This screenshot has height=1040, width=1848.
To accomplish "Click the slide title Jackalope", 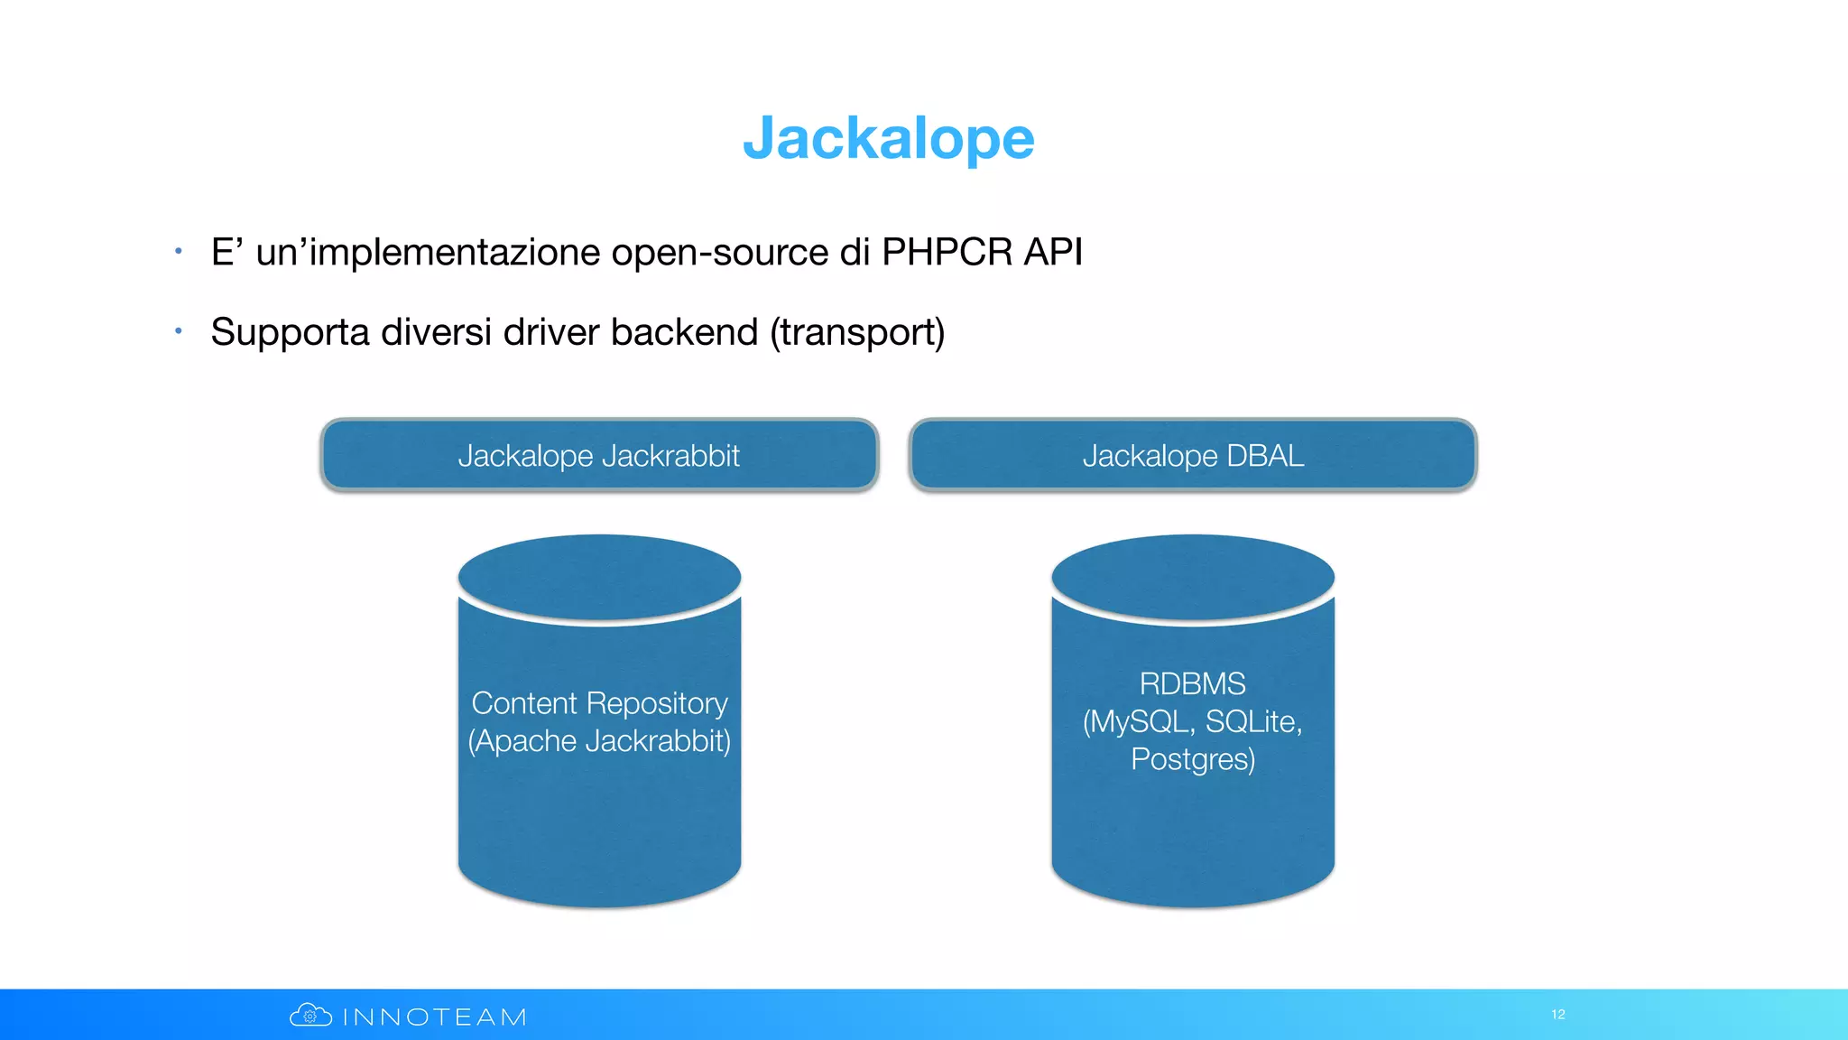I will [x=888, y=139].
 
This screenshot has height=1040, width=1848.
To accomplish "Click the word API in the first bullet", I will [x=1053, y=252].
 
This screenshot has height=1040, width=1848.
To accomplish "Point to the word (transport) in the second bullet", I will [x=857, y=333].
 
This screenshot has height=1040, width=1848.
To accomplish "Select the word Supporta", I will [x=290, y=333].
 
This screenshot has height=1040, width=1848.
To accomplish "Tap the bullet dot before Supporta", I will [x=179, y=331].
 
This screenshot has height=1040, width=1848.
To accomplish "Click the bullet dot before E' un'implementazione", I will [x=179, y=251].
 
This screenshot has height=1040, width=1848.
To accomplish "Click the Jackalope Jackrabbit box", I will [x=599, y=456].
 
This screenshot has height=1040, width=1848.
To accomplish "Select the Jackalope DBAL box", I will [x=1192, y=456].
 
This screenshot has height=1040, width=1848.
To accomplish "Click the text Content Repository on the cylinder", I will [x=599, y=703].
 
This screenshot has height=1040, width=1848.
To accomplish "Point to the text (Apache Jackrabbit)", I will [x=599, y=741].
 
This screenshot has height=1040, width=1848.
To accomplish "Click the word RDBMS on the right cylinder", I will [x=1192, y=684].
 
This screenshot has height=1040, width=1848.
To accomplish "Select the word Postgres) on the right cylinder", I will [x=1192, y=759].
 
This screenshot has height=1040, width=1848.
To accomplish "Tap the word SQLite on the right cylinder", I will [x=1252, y=722].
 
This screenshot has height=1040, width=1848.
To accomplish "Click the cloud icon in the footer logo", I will [x=310, y=1016].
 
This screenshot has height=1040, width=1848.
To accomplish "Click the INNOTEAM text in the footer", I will [x=435, y=1017].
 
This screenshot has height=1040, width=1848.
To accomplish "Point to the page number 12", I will [x=1557, y=1015].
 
